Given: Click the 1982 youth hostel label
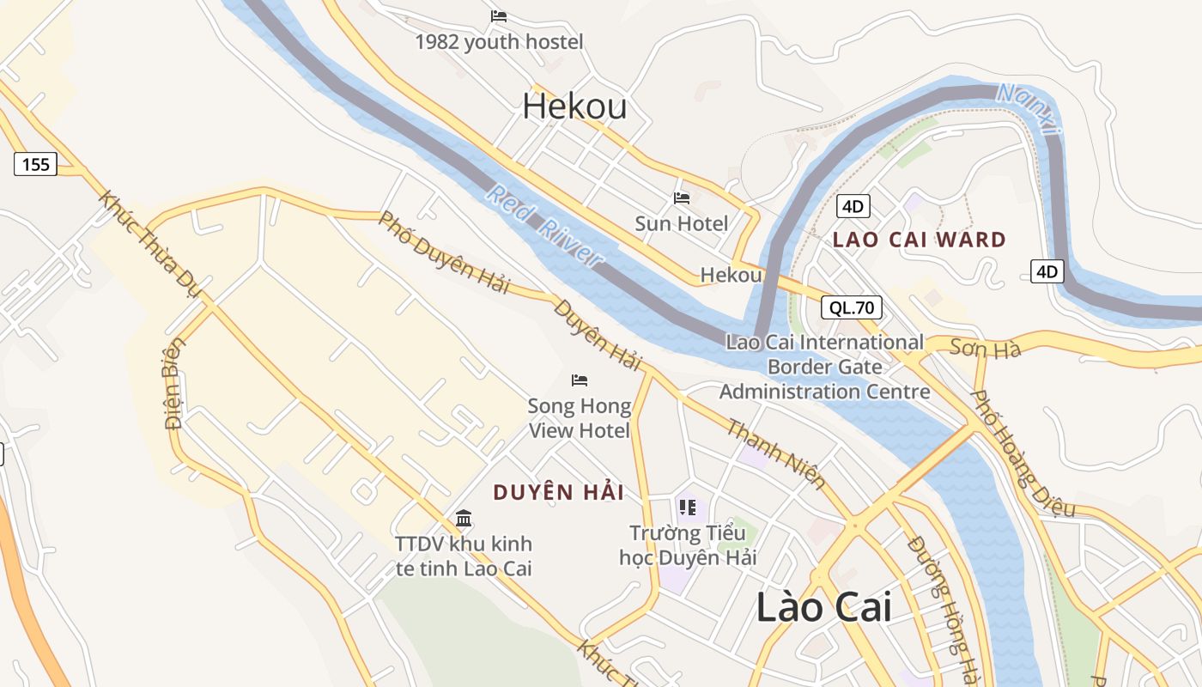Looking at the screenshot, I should (x=499, y=41).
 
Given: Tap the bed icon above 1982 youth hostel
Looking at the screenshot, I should (x=499, y=16).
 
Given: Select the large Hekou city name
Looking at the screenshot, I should (x=574, y=106).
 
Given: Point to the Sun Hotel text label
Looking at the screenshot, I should (x=681, y=223).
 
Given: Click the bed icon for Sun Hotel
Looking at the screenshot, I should (x=682, y=198).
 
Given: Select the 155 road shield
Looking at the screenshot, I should (x=36, y=164).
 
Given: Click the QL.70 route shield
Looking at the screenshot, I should (x=851, y=307).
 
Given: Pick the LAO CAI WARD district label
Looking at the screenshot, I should (x=919, y=240).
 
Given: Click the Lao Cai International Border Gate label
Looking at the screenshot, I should (x=824, y=367).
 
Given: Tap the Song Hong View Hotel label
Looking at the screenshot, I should (x=579, y=417).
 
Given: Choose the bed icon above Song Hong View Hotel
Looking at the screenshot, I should (x=580, y=380).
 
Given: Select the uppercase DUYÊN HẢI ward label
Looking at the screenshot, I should (x=558, y=492).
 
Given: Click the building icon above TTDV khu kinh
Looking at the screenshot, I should (x=464, y=518).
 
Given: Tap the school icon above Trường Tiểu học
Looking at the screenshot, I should (x=687, y=508).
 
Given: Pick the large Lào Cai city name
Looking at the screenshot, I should (x=823, y=607).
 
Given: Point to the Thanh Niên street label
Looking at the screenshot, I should (x=776, y=453).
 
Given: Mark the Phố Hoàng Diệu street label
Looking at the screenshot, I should (x=1022, y=453).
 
